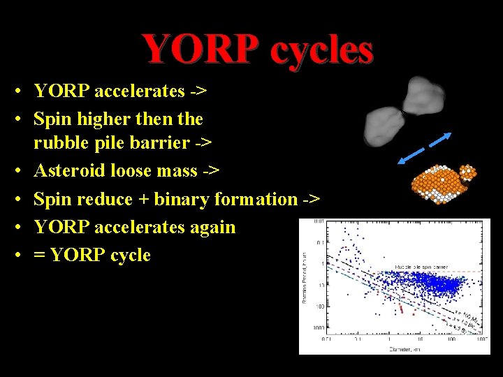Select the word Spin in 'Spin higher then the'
pyautogui.click(x=52, y=119)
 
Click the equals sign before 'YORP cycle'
pyautogui.click(x=40, y=256)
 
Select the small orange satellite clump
pyautogui.click(x=467, y=173)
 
